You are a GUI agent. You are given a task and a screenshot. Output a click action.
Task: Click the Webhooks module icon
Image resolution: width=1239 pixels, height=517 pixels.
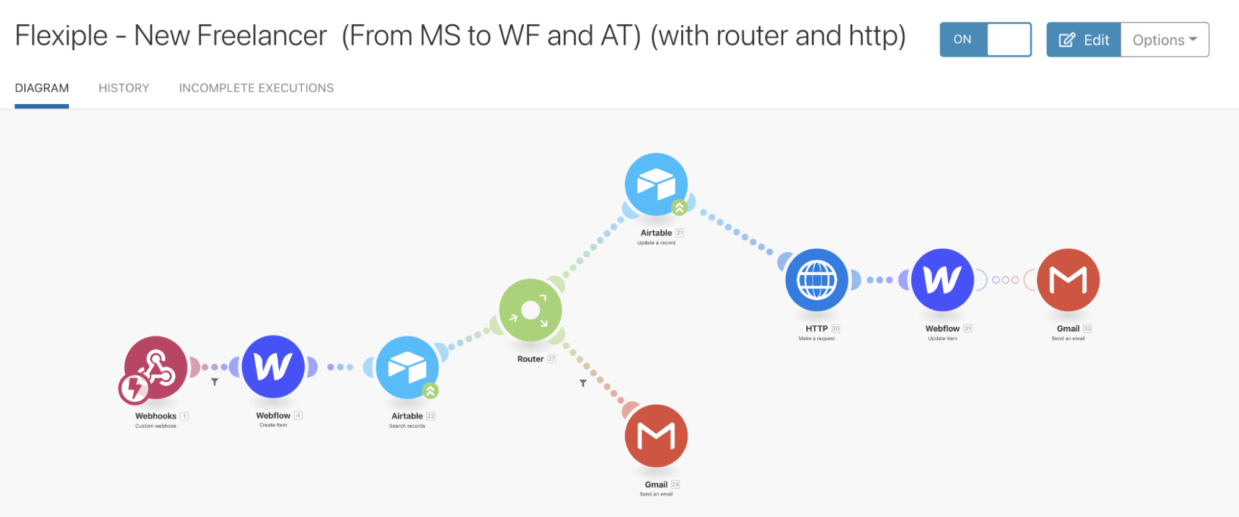click(x=156, y=366)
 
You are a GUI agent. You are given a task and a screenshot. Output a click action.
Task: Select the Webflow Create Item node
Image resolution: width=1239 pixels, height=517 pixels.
click(x=273, y=366)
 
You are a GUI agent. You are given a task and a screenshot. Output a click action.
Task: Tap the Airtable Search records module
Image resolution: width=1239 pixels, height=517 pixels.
click(x=407, y=367)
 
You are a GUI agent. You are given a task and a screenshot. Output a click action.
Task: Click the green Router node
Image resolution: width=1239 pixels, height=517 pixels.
click(x=531, y=310)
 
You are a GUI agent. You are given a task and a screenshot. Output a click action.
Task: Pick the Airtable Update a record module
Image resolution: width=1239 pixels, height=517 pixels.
click(x=656, y=183)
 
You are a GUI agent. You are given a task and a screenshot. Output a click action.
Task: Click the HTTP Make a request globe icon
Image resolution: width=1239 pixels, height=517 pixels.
click(x=817, y=280)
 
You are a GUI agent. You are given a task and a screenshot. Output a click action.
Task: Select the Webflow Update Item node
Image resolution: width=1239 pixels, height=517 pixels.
click(x=942, y=280)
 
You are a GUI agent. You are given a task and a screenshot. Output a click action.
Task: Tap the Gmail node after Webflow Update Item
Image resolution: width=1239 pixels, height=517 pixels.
click(x=1068, y=280)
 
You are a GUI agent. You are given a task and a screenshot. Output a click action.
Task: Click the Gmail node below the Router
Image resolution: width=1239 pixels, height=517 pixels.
click(x=656, y=436)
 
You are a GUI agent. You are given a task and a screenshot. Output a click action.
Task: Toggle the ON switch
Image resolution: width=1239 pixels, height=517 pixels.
click(x=985, y=40)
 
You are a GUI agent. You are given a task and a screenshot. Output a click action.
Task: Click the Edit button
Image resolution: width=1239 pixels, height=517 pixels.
click(x=1083, y=40)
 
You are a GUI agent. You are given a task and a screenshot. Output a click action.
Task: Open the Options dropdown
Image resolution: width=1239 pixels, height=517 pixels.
click(x=1165, y=40)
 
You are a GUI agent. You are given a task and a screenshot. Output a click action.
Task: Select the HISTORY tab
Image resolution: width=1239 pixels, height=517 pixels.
click(x=124, y=88)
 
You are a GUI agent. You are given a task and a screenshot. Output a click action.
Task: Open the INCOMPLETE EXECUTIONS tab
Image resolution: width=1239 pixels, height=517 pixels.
click(x=256, y=88)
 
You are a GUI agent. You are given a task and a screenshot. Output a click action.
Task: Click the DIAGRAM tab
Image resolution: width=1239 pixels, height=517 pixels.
click(x=42, y=88)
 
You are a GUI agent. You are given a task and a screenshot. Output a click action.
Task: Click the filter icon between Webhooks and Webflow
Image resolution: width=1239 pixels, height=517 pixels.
click(x=214, y=382)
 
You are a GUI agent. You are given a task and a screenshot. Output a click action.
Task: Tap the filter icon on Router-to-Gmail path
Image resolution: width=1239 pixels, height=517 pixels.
click(x=583, y=384)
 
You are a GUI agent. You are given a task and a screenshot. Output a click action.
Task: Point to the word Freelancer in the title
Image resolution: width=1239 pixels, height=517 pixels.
click(x=262, y=36)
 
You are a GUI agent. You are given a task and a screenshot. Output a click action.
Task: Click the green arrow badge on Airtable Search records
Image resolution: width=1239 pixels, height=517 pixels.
click(x=430, y=391)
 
